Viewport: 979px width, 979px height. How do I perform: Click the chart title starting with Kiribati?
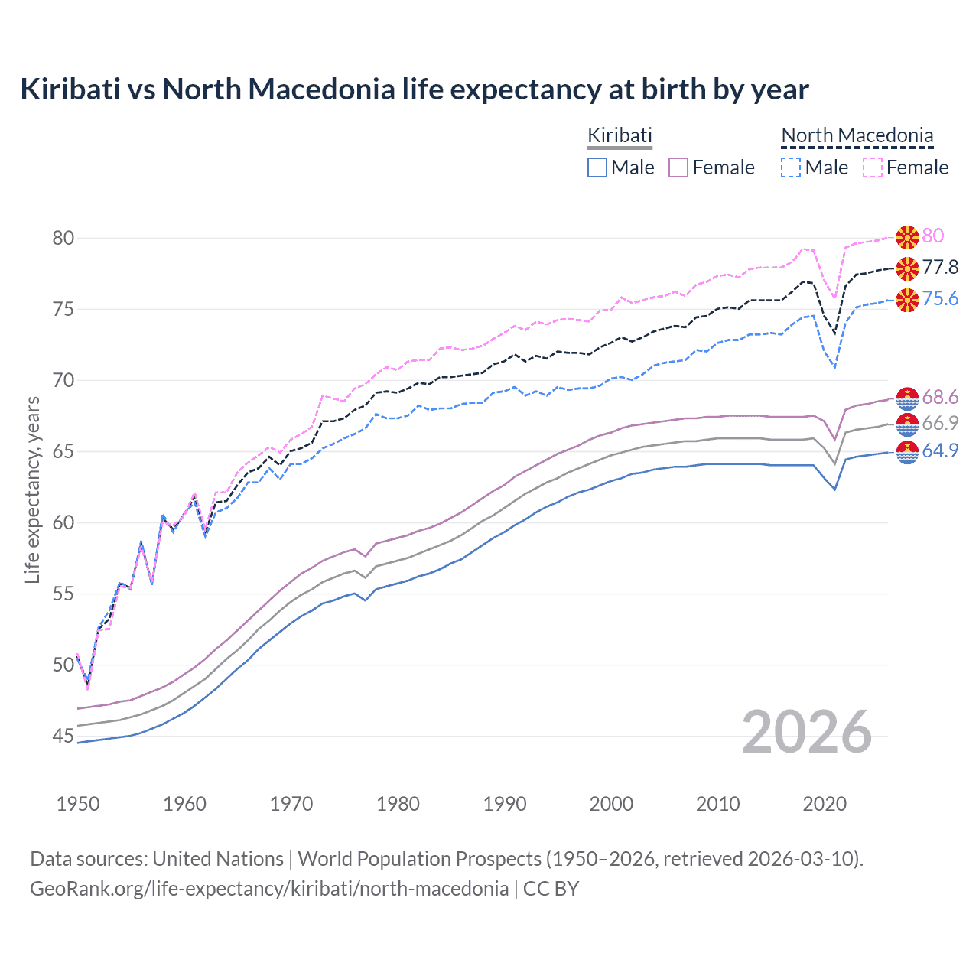pos(414,89)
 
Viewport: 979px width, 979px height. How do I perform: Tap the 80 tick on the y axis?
pos(63,238)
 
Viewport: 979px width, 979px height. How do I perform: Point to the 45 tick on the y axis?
pos(63,737)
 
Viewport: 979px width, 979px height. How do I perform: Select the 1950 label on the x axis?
pos(78,804)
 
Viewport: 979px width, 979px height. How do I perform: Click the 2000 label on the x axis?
pos(611,804)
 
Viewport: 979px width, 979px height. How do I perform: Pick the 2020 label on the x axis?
pos(825,804)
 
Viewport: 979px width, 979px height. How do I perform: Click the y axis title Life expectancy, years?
pos(32,489)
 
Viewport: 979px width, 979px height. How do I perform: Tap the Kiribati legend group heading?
pos(620,135)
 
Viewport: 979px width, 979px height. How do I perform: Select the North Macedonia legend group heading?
pos(857,135)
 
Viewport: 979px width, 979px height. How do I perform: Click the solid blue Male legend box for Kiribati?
pos(597,168)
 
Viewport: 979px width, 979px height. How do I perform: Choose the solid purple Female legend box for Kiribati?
pos(678,168)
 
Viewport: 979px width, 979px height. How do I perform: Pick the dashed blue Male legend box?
pos(791,168)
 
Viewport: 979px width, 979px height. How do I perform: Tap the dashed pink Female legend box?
pos(873,168)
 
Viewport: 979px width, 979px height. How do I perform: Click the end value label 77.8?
pos(940,267)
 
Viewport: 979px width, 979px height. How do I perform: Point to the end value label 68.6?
pos(940,397)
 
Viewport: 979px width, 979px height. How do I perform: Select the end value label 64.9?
pos(940,450)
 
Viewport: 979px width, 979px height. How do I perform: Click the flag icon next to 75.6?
pos(907,299)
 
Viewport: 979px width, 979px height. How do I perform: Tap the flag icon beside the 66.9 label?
pos(907,424)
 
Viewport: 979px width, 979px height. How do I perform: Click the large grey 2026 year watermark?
pos(806,732)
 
